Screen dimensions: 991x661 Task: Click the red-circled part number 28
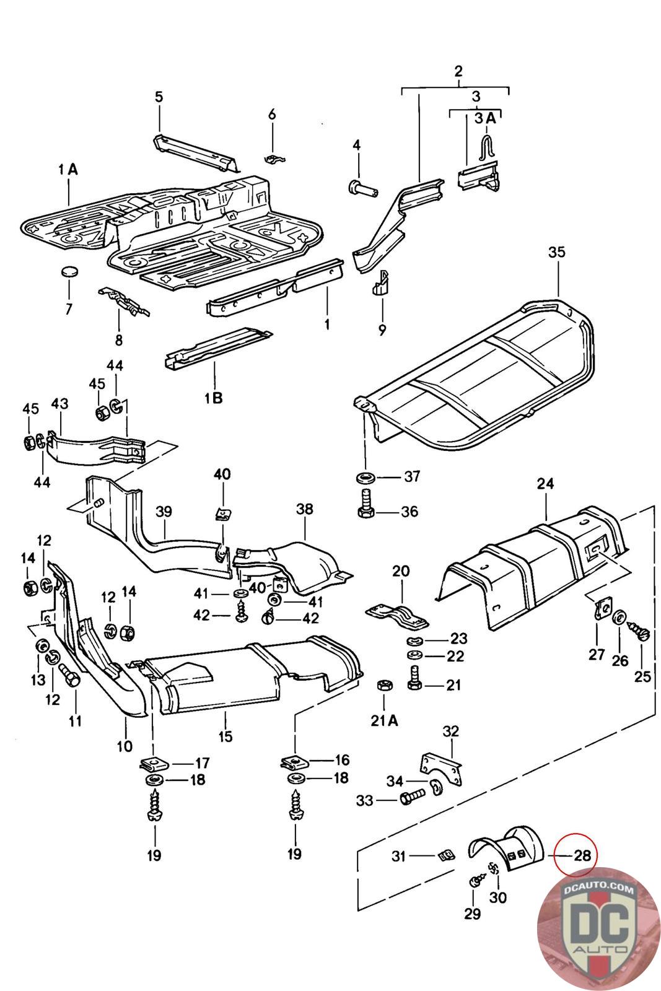(x=582, y=856)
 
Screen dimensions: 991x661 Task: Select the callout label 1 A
(x=68, y=168)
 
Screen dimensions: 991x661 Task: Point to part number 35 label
(x=557, y=252)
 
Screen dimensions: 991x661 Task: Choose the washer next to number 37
(x=365, y=477)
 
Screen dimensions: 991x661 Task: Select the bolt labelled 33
(x=410, y=800)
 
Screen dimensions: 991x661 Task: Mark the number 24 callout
(x=545, y=483)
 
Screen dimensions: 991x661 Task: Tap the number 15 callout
(x=225, y=736)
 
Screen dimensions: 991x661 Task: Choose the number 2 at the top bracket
(x=458, y=71)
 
